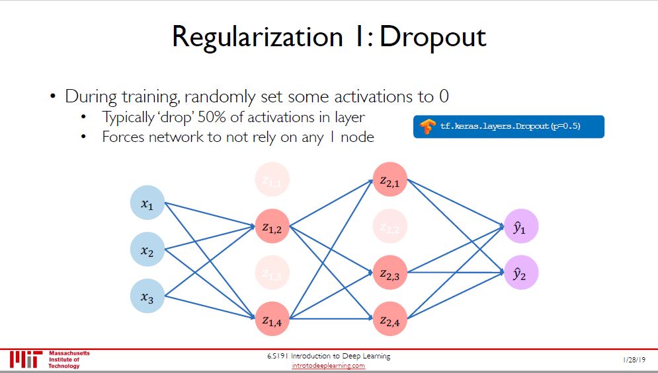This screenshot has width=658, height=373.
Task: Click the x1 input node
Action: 147,202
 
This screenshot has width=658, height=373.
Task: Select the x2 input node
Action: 147,249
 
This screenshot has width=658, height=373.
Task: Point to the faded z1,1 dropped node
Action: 272,178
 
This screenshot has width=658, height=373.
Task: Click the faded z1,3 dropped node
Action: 272,272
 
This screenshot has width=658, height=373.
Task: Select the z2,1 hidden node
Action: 390,180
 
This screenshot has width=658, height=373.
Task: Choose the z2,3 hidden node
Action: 390,273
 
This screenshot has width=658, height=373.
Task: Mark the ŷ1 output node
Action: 520,226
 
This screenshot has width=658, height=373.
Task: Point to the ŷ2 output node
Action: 520,272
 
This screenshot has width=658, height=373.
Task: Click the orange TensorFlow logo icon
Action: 427,126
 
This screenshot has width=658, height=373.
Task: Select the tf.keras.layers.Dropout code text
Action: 510,126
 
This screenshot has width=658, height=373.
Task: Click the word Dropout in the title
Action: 433,37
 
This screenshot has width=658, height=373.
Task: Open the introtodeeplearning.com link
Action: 329,366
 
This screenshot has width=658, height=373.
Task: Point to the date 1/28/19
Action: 634,358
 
